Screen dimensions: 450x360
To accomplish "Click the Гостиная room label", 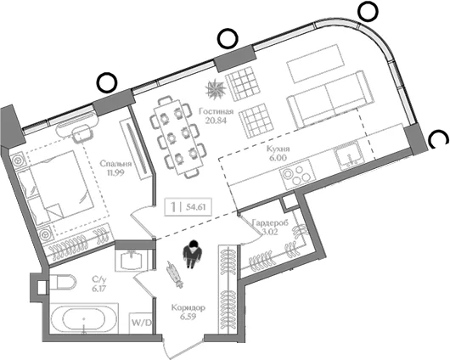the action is point(217,111).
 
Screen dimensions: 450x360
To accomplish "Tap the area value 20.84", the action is point(216,121).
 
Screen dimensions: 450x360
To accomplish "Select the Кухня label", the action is point(278,149).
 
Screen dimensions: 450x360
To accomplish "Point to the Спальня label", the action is point(115,164).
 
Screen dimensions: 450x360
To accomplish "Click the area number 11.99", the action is point(116,173).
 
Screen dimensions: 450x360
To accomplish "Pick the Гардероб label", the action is point(270,222).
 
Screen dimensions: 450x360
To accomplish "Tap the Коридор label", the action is point(188,307).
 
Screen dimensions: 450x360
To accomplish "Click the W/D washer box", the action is point(141,323).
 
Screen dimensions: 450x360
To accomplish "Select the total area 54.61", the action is point(196,206).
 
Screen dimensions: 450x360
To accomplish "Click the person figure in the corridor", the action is point(192,254).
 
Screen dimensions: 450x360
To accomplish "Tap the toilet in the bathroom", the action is point(63,282).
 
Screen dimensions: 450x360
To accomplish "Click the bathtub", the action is point(84,318).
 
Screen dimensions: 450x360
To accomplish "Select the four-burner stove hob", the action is point(297,174).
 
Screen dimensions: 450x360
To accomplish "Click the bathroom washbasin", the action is point(132,259).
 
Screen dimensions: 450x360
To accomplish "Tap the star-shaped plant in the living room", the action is point(215,88).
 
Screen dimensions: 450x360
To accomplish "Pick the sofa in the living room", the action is point(327,99).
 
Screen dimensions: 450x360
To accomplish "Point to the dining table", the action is point(177,137).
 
